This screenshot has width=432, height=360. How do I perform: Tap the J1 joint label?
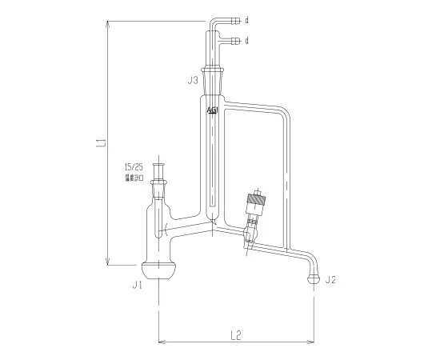coord(137,284)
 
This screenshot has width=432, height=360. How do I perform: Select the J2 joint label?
coord(331,279)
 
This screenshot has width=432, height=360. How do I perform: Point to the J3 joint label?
coord(192,81)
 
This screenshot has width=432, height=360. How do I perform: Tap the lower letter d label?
coord(247,40)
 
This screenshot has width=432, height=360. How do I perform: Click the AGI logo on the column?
coord(212,110)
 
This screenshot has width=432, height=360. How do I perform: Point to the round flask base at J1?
coord(158,272)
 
